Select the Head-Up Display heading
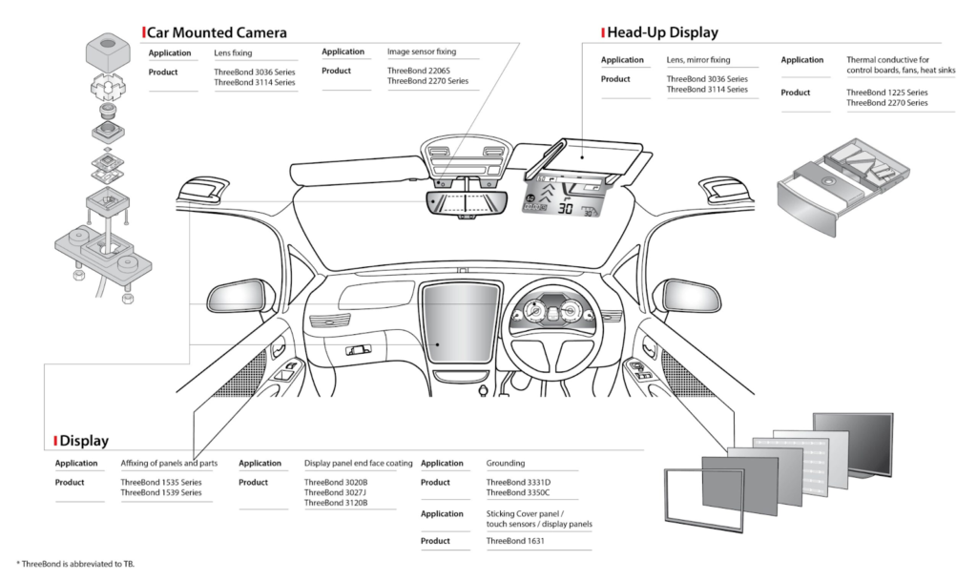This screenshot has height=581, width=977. (664, 32)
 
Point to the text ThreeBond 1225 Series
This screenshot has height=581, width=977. (886, 93)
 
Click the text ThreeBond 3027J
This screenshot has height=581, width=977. (336, 492)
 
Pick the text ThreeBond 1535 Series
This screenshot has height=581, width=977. (161, 483)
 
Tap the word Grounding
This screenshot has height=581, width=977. (507, 463)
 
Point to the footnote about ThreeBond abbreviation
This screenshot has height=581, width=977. (75, 564)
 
